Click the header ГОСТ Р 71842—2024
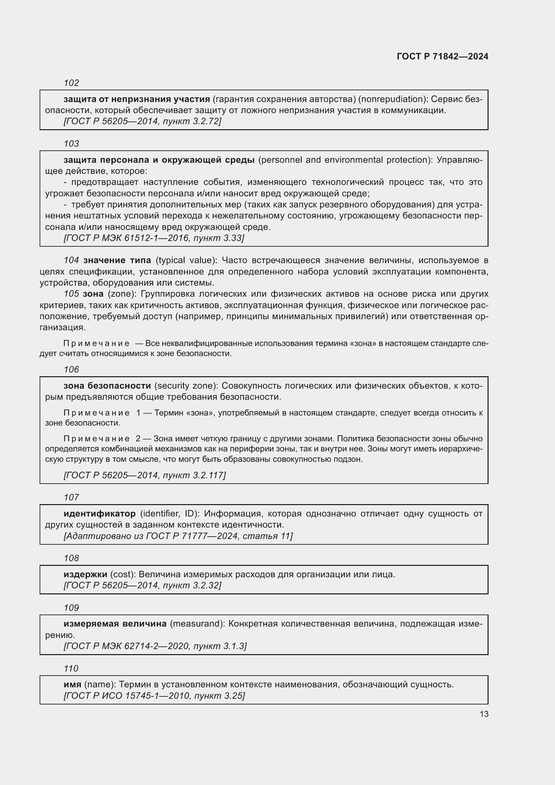pyautogui.click(x=442, y=56)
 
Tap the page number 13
pyautogui.click(x=484, y=714)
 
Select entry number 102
pyautogui.click(x=71, y=83)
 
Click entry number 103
pyautogui.click(x=71, y=144)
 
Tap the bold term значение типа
pyautogui.click(x=117, y=260)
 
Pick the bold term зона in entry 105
pyautogui.click(x=93, y=294)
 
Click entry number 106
pyautogui.click(x=71, y=370)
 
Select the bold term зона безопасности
pyautogui.click(x=107, y=386)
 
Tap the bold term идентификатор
pyautogui.click(x=99, y=513)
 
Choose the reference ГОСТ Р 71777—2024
pyautogui.click(x=192, y=536)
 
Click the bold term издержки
pyautogui.click(x=86, y=574)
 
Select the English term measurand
pyautogui.click(x=197, y=624)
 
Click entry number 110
pyautogui.click(x=71, y=669)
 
